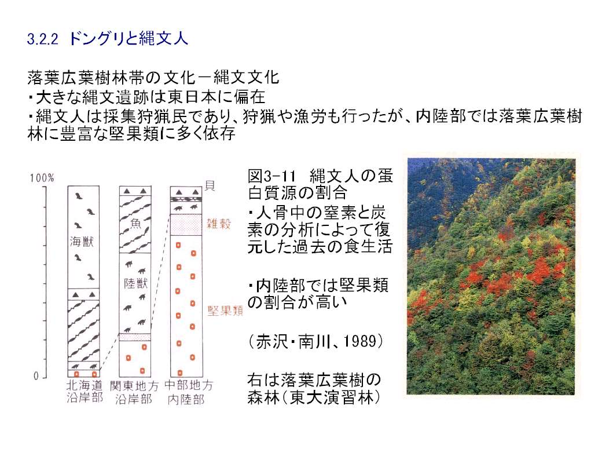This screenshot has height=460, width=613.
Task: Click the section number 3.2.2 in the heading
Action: coord(42,39)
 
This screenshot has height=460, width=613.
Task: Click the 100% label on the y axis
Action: coord(42,178)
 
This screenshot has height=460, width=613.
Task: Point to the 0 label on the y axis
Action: coord(36,377)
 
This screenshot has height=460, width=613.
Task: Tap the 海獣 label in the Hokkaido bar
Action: coord(82,242)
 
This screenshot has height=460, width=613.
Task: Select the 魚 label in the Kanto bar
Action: coord(135,224)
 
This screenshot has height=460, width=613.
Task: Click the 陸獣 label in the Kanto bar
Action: coord(135,283)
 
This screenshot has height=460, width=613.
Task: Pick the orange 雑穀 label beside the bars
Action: coord(219,224)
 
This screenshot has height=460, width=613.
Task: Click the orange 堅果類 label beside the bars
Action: coord(225,311)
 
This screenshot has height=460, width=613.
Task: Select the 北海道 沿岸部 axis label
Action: coord(85,392)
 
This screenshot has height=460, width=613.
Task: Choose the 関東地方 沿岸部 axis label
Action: coord(134,392)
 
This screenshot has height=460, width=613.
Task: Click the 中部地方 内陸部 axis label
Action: coord(188,392)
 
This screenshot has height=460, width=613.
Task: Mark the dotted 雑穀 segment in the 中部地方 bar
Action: coord(186,225)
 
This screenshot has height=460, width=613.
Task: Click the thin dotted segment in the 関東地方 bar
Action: coord(135,337)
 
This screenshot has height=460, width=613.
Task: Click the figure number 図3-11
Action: coord(272,176)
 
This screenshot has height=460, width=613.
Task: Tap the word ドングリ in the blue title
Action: coord(98,39)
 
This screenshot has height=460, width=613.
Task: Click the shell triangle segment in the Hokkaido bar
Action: coord(84,294)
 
